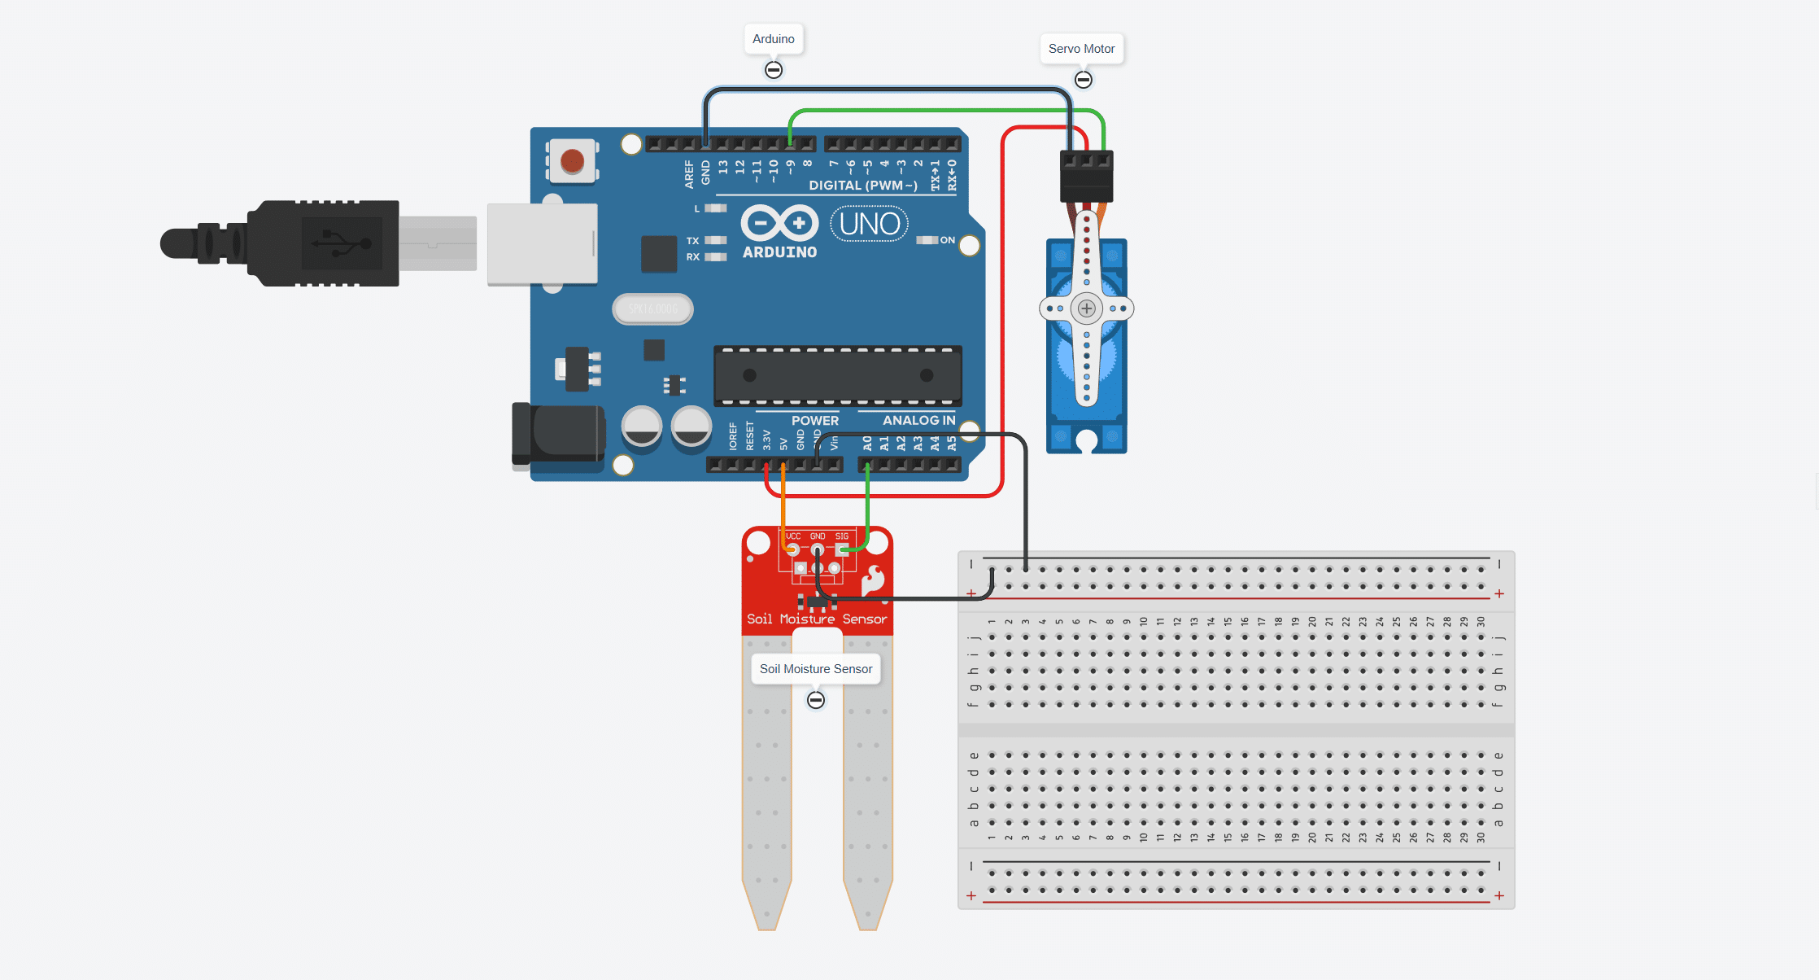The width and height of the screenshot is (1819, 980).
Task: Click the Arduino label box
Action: [x=773, y=39]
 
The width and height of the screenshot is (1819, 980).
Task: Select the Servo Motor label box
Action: [x=1081, y=49]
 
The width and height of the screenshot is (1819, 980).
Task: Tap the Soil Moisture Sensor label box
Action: [x=815, y=669]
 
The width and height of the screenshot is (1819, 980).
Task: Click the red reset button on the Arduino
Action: [x=572, y=161]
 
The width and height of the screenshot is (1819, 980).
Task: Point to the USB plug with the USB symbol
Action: [x=342, y=243]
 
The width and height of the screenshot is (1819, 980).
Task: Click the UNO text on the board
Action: [x=869, y=224]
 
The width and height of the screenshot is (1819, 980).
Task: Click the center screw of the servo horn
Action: [x=1086, y=308]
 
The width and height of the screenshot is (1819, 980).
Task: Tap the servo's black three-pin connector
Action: [x=1086, y=176]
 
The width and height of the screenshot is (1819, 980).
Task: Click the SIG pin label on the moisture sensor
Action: [x=842, y=536]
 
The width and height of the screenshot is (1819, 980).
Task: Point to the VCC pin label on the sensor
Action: [x=792, y=536]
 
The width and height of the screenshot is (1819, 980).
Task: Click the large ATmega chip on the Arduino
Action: [x=837, y=375]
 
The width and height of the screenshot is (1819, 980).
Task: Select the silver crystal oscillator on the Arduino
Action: [x=652, y=309]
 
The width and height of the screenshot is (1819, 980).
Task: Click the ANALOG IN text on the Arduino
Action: [x=918, y=420]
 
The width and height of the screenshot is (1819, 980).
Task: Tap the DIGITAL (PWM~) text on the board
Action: [x=862, y=186]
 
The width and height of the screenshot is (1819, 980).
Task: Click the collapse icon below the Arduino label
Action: [x=774, y=70]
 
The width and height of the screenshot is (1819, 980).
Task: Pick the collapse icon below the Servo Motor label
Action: [x=1083, y=80]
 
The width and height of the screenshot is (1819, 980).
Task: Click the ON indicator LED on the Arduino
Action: [x=927, y=240]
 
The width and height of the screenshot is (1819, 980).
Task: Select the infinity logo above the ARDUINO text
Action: [x=779, y=222]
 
